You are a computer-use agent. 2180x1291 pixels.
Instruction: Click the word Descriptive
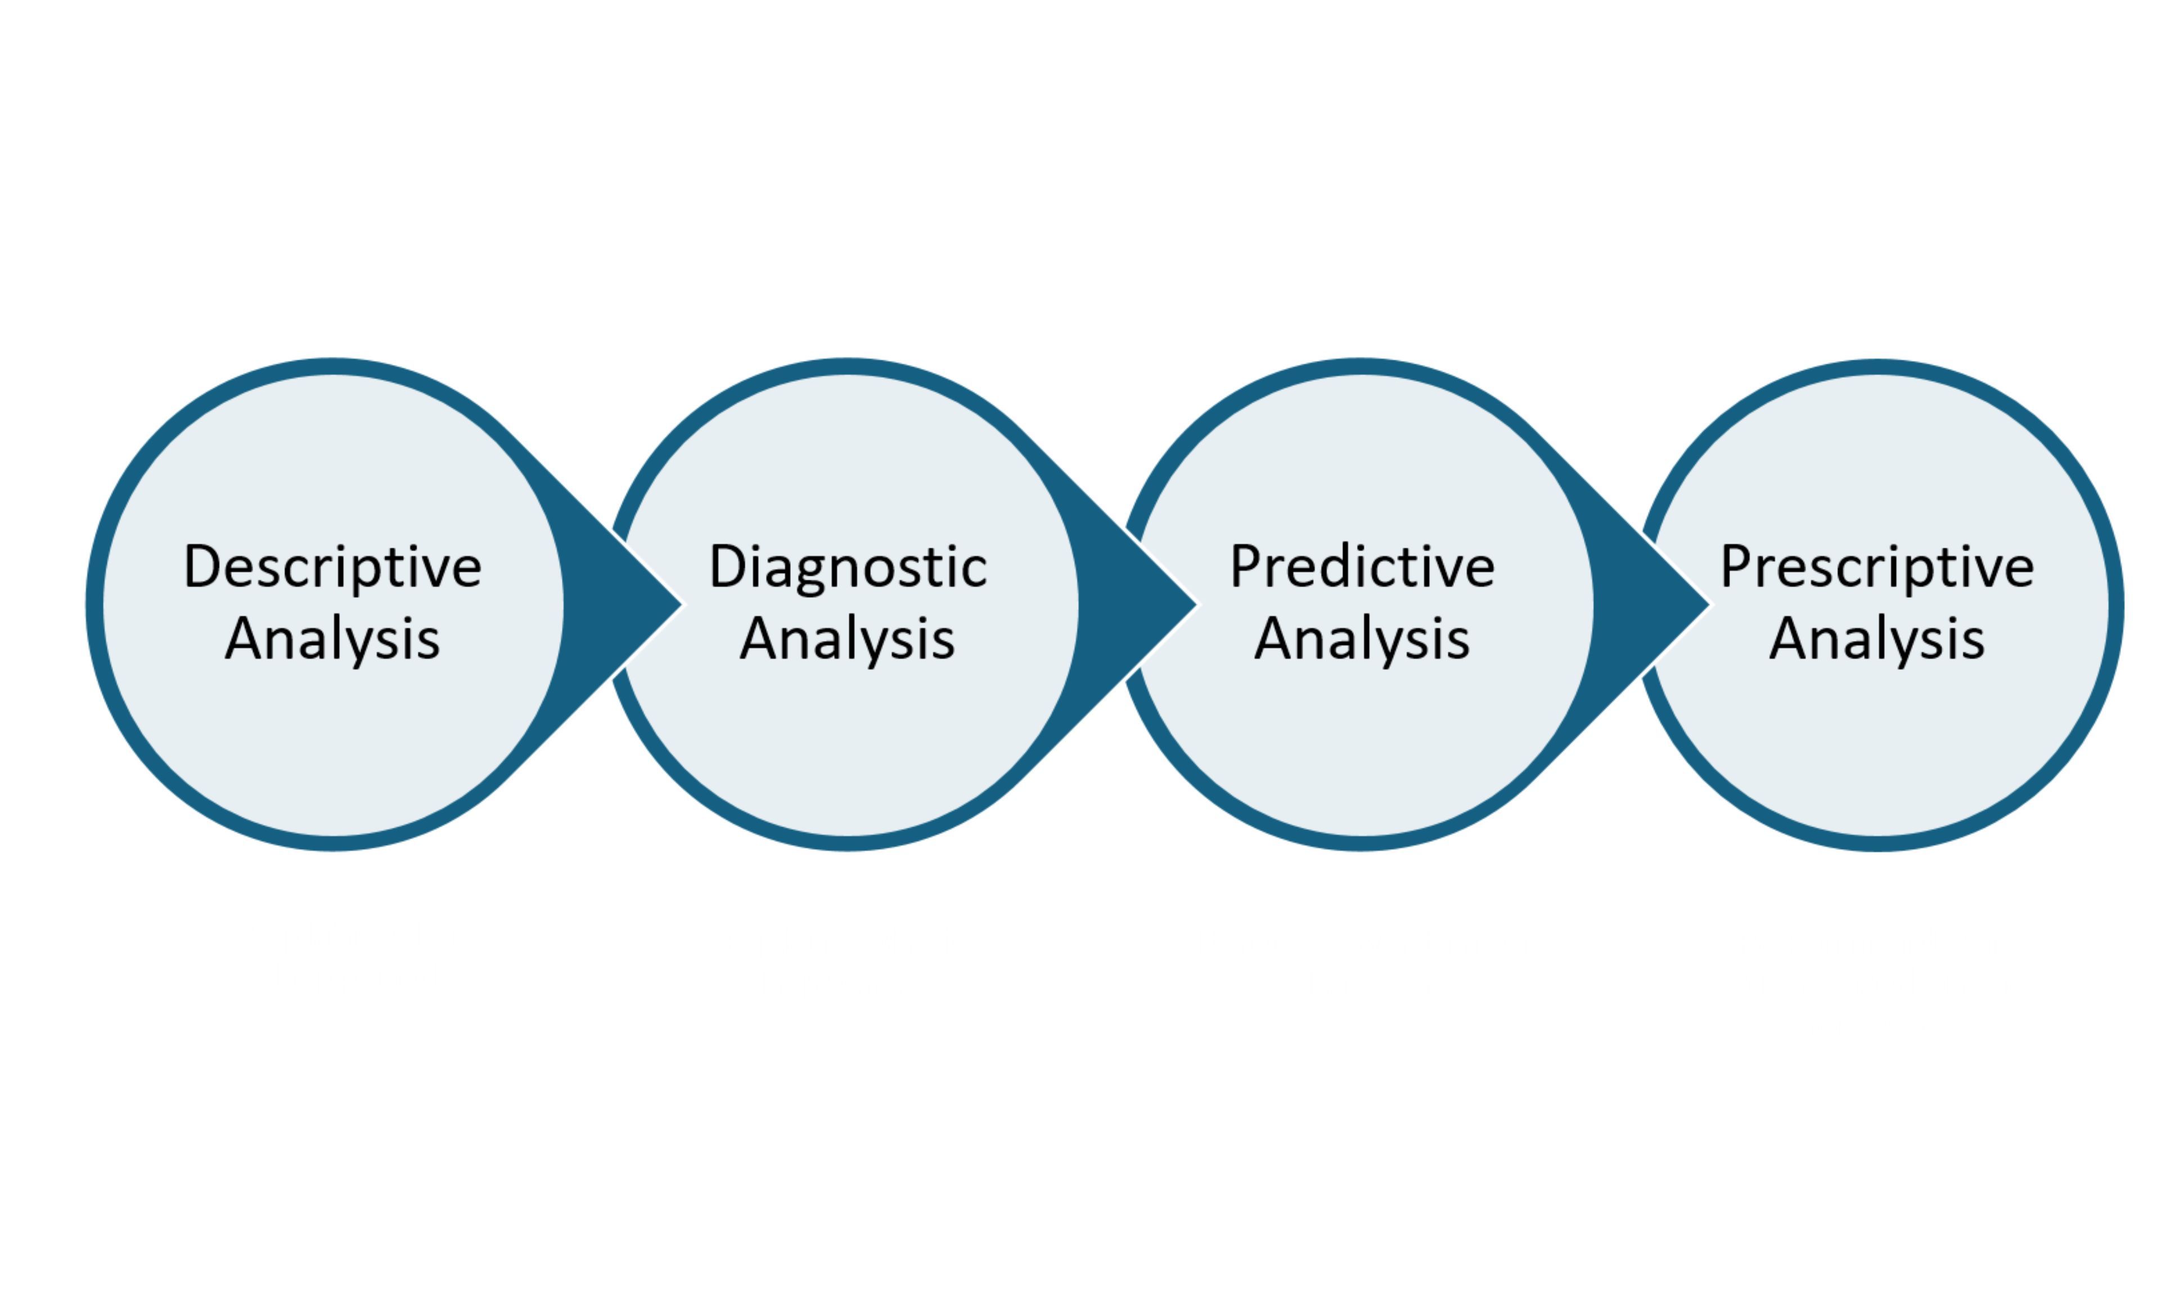(x=332, y=568)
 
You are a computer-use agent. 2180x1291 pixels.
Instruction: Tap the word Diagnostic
(x=848, y=568)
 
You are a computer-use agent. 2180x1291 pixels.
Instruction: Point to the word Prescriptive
(x=1877, y=568)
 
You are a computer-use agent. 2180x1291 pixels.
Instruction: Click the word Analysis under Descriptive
(x=332, y=639)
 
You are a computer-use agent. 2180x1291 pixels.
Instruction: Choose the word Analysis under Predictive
(x=1362, y=639)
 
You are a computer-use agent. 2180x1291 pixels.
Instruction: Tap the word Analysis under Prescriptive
(x=1877, y=639)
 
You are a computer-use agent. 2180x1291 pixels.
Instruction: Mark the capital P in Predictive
(x=1245, y=566)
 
